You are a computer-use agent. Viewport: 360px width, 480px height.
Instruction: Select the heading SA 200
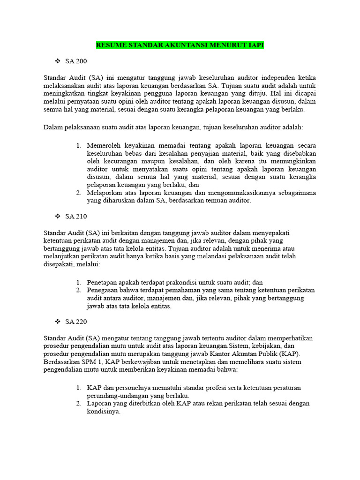pos(76,61)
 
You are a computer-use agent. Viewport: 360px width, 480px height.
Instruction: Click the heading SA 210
pos(76,216)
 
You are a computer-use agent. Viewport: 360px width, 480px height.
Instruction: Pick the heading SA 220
pos(76,322)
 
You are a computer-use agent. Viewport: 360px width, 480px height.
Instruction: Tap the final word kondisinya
pos(104,412)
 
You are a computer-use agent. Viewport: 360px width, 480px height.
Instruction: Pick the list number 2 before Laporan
pos(78,404)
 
